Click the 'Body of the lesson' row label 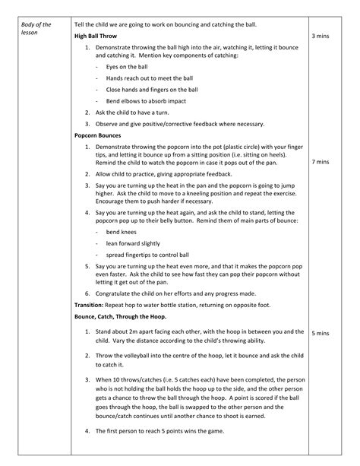[36, 30]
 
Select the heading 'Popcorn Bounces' [98, 135]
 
